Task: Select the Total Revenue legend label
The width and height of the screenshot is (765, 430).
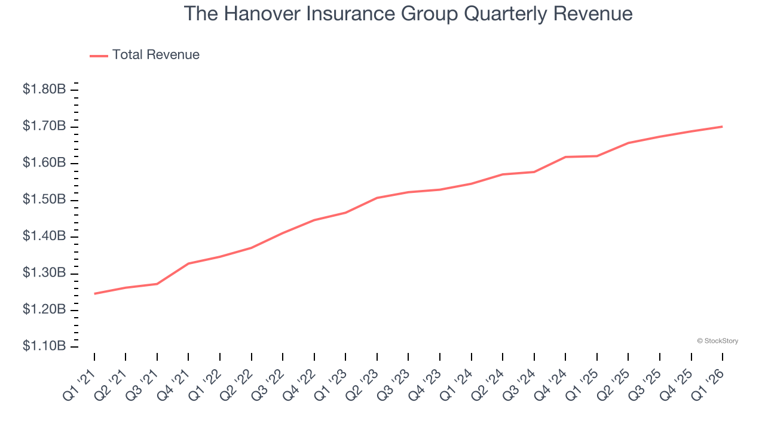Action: coord(155,55)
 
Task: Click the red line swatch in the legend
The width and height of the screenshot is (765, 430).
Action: coord(99,56)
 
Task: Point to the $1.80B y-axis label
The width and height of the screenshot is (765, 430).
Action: coord(44,90)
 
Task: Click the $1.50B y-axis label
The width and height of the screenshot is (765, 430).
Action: coord(44,199)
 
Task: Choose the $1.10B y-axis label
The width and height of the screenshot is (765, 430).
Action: coord(44,346)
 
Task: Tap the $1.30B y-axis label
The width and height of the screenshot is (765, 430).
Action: coord(44,273)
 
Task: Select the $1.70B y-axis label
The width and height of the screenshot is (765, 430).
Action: coord(44,126)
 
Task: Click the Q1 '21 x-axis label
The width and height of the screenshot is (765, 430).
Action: coord(79,385)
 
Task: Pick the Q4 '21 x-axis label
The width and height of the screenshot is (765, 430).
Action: coord(173,385)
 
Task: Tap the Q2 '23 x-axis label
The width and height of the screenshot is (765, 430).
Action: coord(362,385)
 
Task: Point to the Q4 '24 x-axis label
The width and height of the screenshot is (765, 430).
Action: coord(550,385)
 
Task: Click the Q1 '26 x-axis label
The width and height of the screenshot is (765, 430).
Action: coord(708,385)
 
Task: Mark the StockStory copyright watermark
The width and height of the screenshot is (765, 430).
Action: coord(717,341)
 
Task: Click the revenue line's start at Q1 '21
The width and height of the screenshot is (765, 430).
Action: coord(94,294)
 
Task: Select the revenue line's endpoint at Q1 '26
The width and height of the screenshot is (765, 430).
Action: coord(723,127)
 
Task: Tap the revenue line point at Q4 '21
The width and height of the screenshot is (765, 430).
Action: coord(188,263)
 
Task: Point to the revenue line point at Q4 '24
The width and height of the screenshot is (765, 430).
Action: coord(565,157)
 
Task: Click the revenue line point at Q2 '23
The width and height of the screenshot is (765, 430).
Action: coord(377,198)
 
